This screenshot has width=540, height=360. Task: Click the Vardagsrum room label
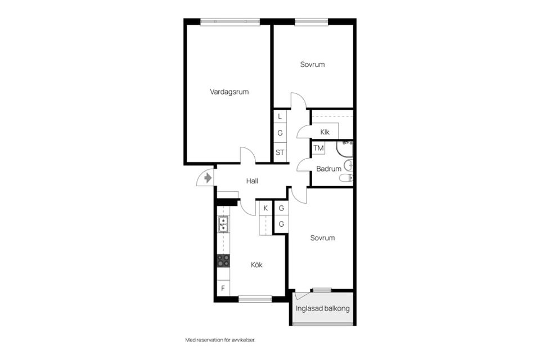[229, 92]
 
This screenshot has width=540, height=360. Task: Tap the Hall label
[252, 181]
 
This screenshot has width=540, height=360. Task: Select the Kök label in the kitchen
[256, 264]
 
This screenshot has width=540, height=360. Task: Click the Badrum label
[328, 169]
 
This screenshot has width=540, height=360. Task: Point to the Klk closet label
[325, 132]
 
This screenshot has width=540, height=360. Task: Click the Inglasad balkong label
[323, 308]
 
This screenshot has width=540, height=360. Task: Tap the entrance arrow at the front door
[208, 178]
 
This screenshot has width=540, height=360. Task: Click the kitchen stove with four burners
[223, 261]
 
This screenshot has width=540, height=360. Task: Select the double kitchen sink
[223, 224]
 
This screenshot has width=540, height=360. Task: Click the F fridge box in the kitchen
[223, 289]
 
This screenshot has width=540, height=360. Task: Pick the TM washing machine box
[318, 148]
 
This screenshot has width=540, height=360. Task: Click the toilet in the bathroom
[346, 178]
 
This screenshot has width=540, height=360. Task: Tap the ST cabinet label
[280, 152]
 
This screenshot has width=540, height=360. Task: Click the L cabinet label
[280, 116]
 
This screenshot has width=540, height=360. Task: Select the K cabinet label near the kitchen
[265, 208]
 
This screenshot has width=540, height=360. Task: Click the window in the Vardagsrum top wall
[230, 22]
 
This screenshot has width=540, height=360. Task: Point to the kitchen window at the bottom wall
[255, 299]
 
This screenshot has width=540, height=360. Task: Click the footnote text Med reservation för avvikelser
[220, 340]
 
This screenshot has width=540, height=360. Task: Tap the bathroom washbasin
[349, 165]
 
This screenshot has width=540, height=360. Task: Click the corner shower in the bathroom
[344, 148]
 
